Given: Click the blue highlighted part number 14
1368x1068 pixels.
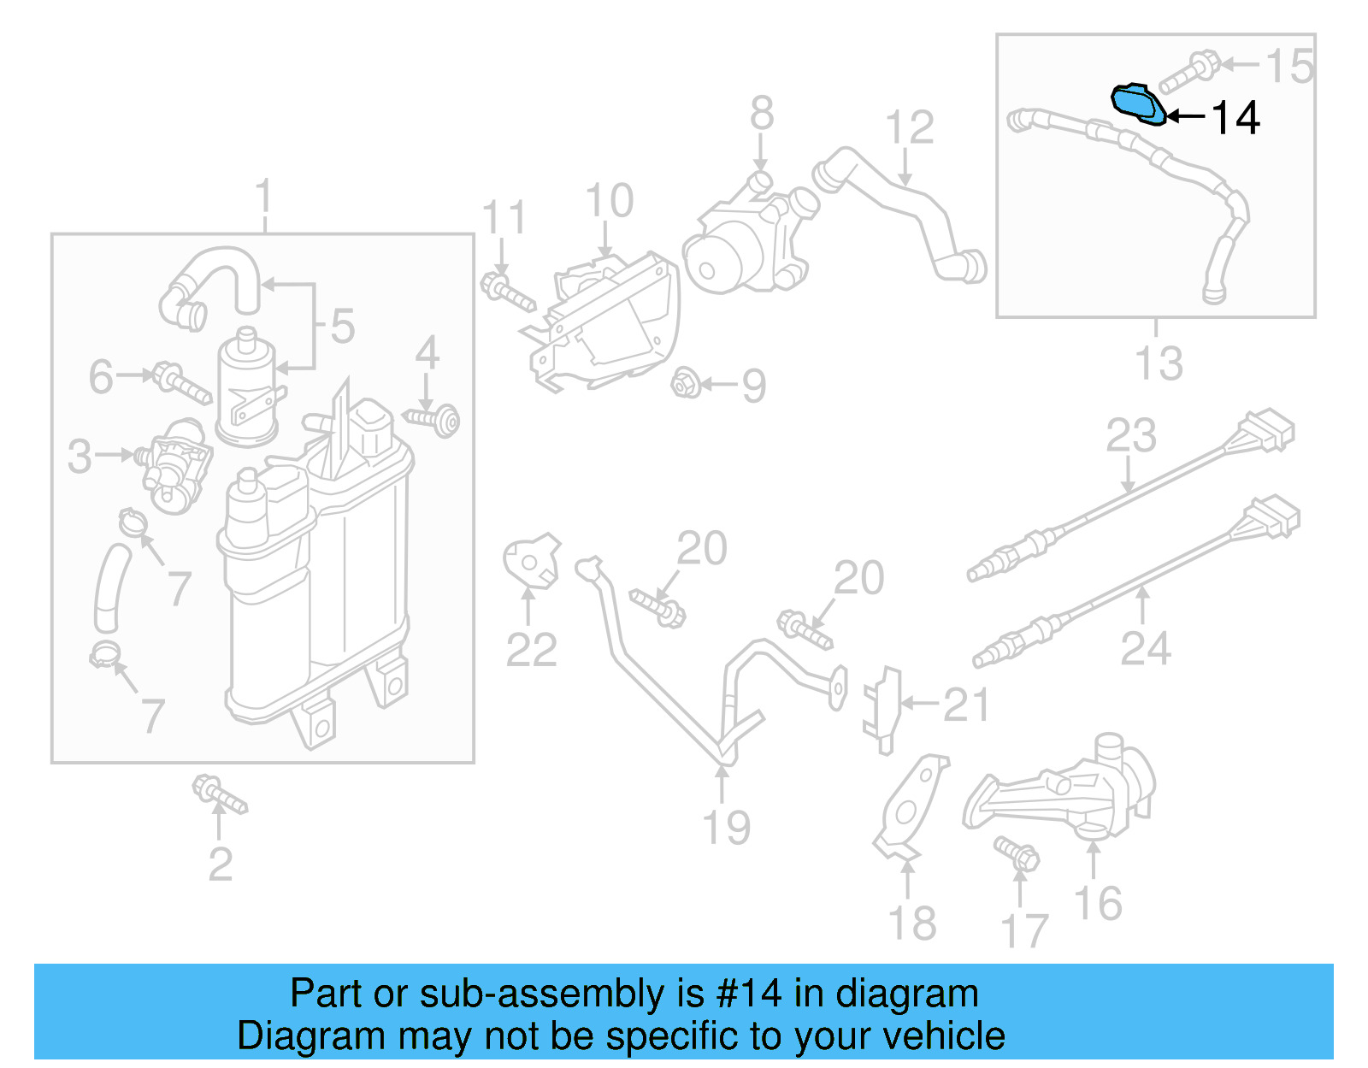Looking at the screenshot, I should pyautogui.click(x=1137, y=103).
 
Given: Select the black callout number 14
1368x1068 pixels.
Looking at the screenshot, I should pyautogui.click(x=1235, y=118).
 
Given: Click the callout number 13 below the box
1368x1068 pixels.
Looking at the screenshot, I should pyautogui.click(x=1159, y=363).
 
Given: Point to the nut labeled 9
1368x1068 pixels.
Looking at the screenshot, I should pyautogui.click(x=686, y=383).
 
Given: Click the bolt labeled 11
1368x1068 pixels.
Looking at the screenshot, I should pyautogui.click(x=507, y=291).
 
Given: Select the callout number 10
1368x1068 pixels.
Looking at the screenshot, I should pyautogui.click(x=609, y=202).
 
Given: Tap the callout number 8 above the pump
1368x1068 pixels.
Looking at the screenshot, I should pyautogui.click(x=761, y=114).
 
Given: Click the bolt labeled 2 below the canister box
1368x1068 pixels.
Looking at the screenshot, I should pyautogui.click(x=219, y=794).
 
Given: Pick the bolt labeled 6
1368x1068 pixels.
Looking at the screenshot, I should pyautogui.click(x=181, y=383).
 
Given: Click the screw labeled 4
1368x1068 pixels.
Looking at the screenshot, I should pyautogui.click(x=434, y=419).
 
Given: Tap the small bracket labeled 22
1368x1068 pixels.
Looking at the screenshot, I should pyautogui.click(x=531, y=562).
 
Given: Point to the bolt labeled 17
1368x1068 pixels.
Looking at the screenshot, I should pyautogui.click(x=1017, y=853).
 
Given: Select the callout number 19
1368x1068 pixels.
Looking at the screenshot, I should pyautogui.click(x=726, y=828).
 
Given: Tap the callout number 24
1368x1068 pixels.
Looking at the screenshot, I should pyautogui.click(x=1145, y=648).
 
